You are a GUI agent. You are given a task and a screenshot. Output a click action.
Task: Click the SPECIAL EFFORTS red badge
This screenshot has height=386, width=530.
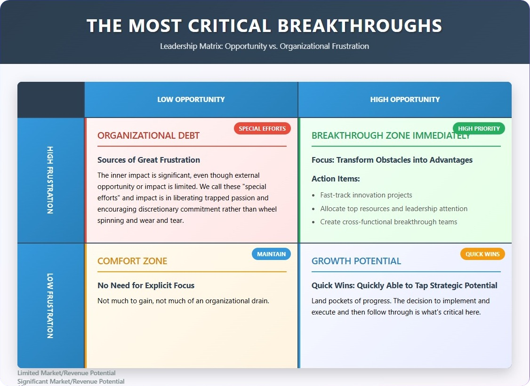click(262, 128)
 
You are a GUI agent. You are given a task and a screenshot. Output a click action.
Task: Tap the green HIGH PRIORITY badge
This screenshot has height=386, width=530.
click(479, 128)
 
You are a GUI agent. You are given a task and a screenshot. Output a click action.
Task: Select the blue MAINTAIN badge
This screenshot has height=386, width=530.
click(271, 254)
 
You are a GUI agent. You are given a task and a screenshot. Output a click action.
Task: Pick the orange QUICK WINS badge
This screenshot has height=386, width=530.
click(482, 254)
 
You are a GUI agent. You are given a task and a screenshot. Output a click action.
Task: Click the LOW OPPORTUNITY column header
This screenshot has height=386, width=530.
click(191, 99)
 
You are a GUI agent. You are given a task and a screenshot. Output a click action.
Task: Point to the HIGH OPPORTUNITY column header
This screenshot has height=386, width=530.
click(405, 99)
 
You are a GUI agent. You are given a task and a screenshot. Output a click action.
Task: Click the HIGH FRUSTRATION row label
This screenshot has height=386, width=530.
click(50, 180)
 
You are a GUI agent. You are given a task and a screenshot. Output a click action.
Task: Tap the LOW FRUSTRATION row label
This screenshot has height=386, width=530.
click(50, 306)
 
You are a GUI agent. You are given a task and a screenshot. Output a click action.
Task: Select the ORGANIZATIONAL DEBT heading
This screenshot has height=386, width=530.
click(148, 135)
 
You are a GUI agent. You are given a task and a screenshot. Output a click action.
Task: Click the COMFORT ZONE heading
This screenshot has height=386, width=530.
click(132, 261)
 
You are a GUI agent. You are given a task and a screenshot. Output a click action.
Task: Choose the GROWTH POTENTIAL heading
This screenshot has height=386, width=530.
click(356, 261)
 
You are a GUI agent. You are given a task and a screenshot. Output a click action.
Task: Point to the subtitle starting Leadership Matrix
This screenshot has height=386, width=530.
click(265, 46)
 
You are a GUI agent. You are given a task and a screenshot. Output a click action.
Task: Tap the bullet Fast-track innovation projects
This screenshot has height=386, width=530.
click(366, 195)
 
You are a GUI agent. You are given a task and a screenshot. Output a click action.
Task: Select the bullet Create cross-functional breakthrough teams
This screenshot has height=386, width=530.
click(389, 222)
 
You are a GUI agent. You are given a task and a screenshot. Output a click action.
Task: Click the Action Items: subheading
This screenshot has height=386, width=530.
click(336, 179)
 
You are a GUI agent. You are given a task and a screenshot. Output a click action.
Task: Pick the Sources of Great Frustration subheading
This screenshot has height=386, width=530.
click(149, 160)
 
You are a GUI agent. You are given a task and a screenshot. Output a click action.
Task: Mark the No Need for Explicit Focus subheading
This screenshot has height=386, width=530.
click(146, 285)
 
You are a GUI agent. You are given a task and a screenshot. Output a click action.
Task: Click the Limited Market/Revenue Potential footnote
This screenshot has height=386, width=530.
click(66, 373)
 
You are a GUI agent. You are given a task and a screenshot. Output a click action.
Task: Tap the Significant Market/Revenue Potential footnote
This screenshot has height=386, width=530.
click(71, 381)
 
